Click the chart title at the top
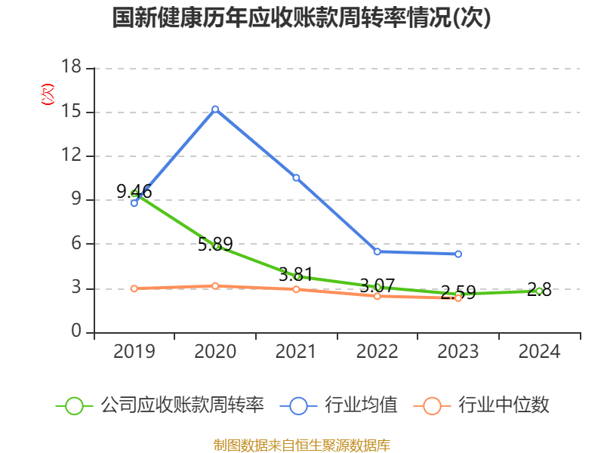301,18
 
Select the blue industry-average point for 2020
215,109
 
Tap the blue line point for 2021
297,178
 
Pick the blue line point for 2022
377,251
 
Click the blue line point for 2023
458,254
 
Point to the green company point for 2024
539,291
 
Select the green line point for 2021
297,277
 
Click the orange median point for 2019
134,288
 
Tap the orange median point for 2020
215,286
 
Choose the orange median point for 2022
377,296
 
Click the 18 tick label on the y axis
71,68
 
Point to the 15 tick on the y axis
71,112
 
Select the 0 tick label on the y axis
76,332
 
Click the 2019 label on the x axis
134,352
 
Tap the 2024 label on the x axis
539,352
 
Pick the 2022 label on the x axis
377,352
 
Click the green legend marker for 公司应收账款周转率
74,405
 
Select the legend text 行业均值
361,405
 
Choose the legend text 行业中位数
504,405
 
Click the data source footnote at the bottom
301,445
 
